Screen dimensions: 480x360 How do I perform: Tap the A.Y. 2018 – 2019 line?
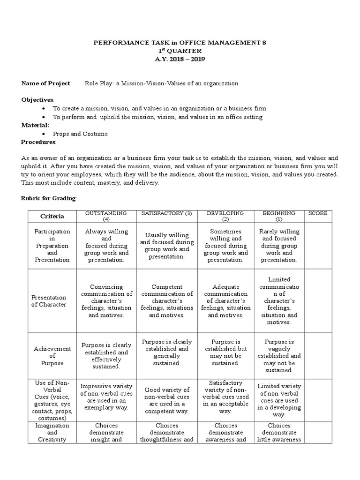(180, 59)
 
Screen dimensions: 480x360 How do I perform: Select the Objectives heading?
(38, 100)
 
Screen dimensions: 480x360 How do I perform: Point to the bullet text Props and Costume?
(80, 134)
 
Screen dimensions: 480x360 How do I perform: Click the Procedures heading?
(38, 142)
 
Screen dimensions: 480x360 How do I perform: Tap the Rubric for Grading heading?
(48, 198)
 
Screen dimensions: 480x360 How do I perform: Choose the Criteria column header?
(52, 217)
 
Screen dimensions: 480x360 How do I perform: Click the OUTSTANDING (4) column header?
(105, 216)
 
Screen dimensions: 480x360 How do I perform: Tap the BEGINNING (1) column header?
(278, 216)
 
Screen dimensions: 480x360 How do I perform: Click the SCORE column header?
(318, 213)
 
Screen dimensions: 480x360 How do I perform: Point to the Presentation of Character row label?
(49, 301)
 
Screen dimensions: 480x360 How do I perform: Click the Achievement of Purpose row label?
(52, 356)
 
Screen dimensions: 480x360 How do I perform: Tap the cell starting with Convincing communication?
(105, 301)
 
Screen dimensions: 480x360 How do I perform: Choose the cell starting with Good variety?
(166, 400)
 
